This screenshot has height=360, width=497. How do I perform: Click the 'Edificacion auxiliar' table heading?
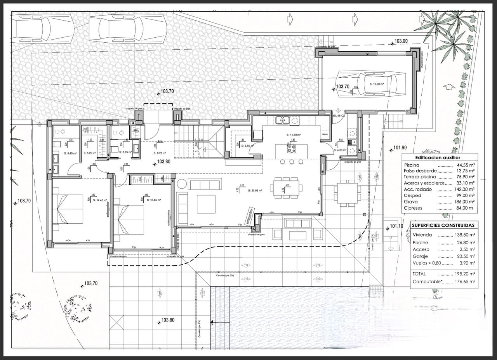pos(438,158)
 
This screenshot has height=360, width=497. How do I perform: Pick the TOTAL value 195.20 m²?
pos(465,274)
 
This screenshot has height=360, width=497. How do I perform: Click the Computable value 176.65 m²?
pos(465,282)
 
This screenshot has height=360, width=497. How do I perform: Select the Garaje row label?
pos(420,256)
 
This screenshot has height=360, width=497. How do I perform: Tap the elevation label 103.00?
pos(401,41)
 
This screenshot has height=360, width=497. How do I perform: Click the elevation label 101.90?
pos(400,148)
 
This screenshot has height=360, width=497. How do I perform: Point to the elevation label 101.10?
pos(396,226)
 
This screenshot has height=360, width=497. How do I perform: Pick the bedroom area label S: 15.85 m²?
pos(153,200)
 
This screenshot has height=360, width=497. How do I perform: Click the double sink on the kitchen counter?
pos(282,120)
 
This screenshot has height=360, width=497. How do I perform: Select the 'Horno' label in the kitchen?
pos(325,134)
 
